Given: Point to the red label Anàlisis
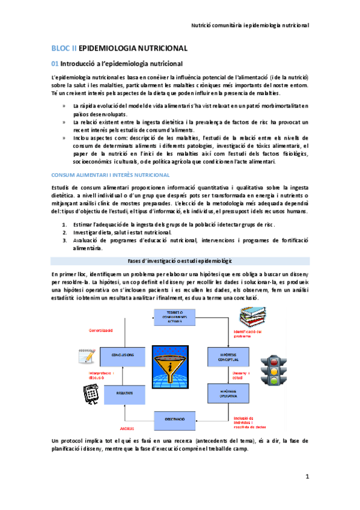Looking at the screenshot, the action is click(x=126, y=428).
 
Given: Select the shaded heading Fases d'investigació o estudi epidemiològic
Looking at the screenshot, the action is click(x=180, y=260).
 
